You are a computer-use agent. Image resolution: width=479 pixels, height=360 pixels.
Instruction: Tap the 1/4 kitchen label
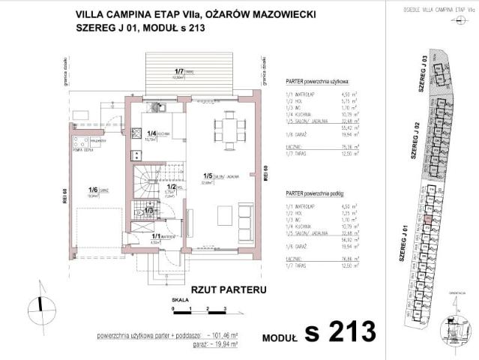coord(151,133)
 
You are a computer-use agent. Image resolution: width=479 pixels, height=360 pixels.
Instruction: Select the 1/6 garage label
coord(94,190)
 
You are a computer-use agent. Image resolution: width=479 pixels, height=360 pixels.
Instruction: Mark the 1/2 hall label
coord(170,187)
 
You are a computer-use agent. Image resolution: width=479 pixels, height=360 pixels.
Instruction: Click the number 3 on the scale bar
coord(225,309)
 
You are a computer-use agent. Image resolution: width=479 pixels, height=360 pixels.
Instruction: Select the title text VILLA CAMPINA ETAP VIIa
coord(133,13)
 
